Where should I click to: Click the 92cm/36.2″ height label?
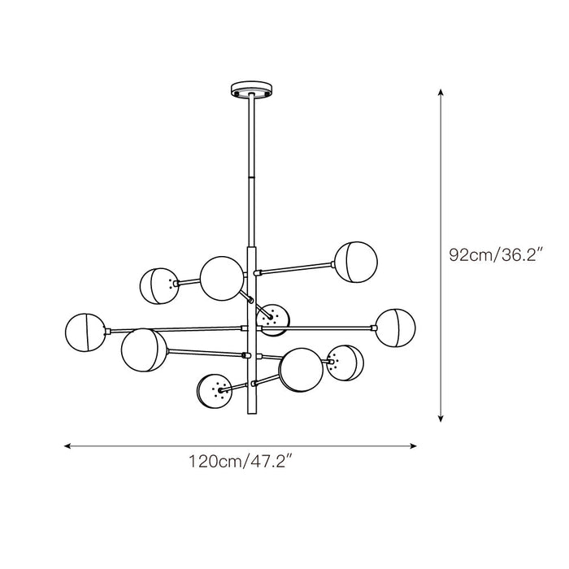(496, 255)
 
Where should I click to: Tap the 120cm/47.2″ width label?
(241, 464)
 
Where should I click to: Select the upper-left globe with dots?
(159, 285)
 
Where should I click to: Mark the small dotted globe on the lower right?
(345, 363)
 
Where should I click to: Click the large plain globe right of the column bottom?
(300, 368)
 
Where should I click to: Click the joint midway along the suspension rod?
(250, 175)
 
